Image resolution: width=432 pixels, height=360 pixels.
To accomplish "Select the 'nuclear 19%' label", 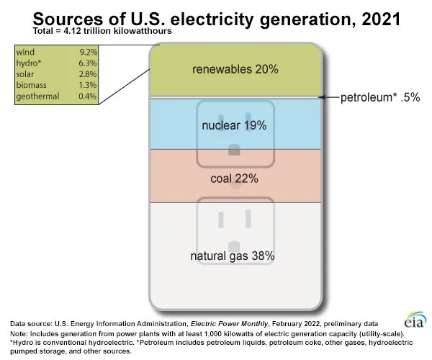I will click(234, 125).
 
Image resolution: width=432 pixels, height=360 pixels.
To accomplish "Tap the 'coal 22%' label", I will click(234, 177).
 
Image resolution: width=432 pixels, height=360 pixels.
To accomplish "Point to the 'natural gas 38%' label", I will click(232, 256).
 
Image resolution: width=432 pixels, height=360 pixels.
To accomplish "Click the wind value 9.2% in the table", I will click(87, 52).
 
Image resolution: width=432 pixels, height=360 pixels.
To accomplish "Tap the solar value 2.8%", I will click(87, 74).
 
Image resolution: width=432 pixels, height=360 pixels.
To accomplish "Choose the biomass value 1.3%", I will click(87, 86).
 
